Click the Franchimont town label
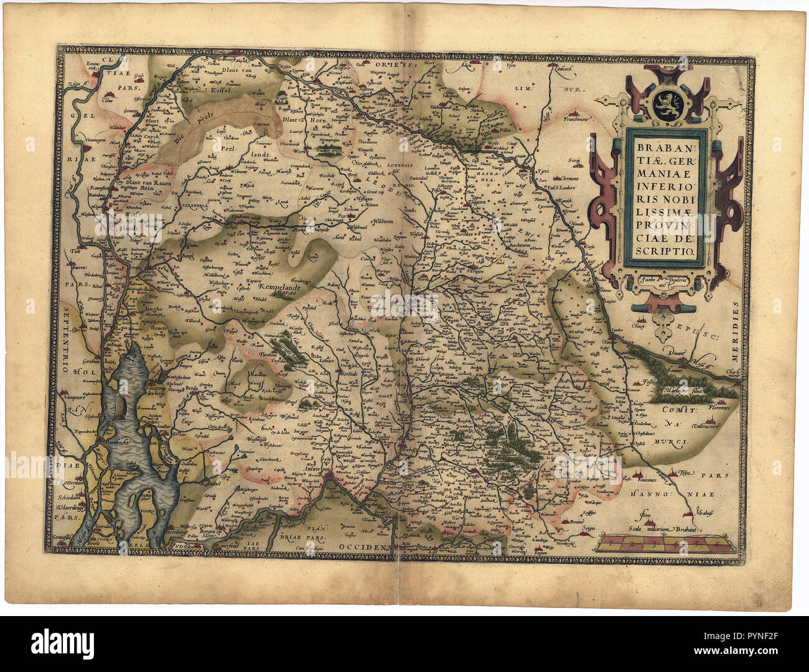point(578,118)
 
